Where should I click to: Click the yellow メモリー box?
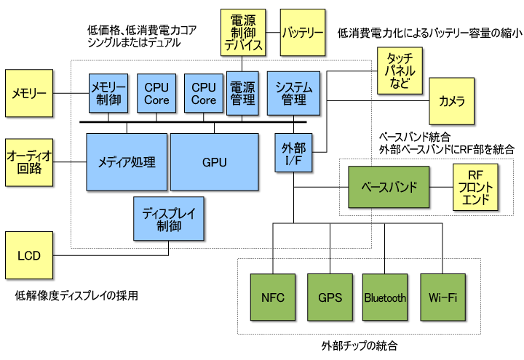point(29,93)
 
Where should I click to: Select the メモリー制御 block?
point(108,93)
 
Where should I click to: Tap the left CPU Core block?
point(156,93)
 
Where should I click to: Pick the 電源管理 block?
point(242,93)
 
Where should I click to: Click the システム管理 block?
point(294,93)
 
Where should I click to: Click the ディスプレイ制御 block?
point(169,218)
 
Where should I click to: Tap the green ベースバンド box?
point(389,187)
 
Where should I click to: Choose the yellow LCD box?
point(29,256)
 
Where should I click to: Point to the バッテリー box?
point(303,32)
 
